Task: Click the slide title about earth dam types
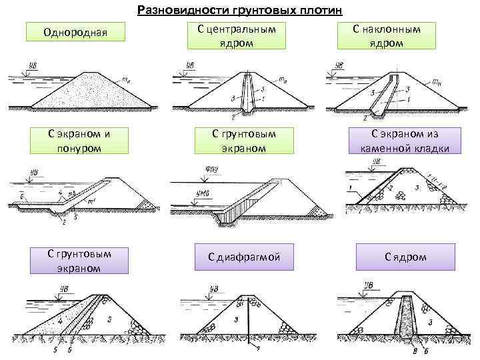click(239, 10)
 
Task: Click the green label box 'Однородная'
click(75, 31)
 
